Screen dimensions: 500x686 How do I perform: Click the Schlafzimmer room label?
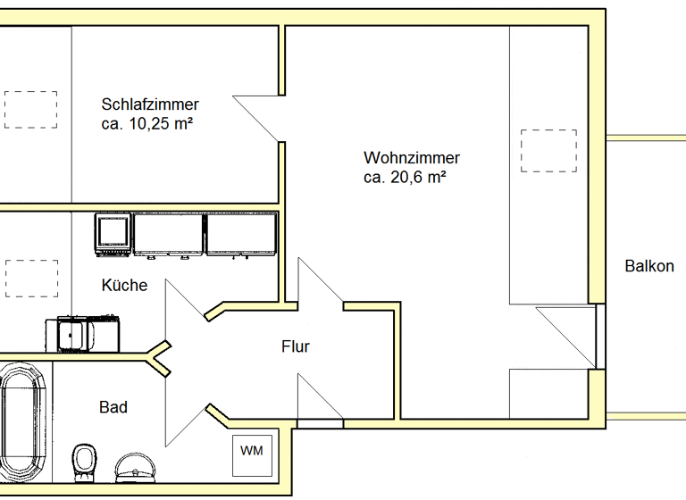[x=150, y=104]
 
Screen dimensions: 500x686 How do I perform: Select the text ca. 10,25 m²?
[x=148, y=124]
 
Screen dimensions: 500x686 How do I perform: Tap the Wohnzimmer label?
[x=412, y=158]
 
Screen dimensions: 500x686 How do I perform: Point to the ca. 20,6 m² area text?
[x=405, y=178]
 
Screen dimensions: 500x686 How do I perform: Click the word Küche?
[x=124, y=286]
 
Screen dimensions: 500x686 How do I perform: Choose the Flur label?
[x=295, y=346]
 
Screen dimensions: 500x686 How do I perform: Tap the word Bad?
[x=113, y=407]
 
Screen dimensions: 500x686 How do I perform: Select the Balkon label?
[x=649, y=266]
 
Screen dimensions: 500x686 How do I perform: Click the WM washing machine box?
[x=252, y=450]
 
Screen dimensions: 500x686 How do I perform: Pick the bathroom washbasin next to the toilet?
[x=135, y=467]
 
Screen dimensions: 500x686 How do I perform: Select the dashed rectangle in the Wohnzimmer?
[x=548, y=151]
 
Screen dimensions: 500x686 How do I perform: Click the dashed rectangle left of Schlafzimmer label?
[x=30, y=109]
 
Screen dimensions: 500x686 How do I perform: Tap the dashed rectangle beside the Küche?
[x=30, y=278]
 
